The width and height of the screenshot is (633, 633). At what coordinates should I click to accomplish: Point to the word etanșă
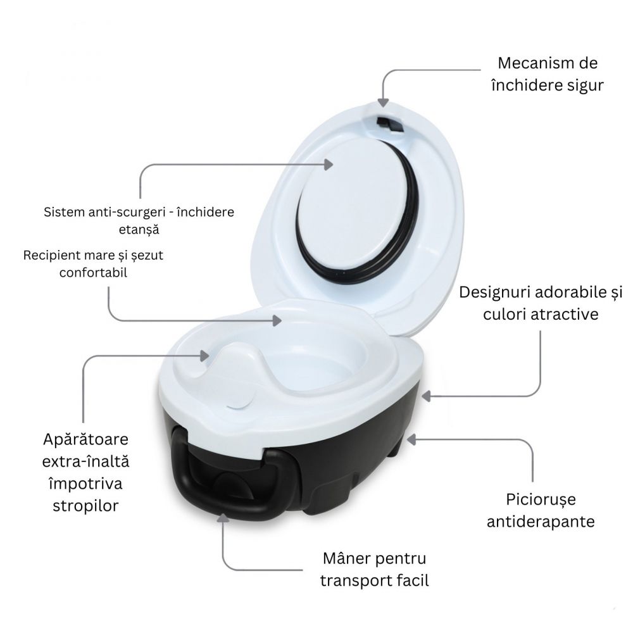coord(139,230)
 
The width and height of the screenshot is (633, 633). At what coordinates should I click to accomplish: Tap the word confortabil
coord(93,273)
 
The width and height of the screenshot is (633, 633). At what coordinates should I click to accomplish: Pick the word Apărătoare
coord(85,440)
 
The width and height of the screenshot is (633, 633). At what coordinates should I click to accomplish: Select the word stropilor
coord(85,506)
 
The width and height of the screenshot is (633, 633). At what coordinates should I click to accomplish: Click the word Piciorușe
coord(541,500)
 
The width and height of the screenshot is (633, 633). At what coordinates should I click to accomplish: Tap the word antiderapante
coord(541,522)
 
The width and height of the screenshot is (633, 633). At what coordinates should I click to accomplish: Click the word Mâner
coord(346,559)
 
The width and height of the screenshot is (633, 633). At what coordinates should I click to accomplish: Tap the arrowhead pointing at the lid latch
coord(383,103)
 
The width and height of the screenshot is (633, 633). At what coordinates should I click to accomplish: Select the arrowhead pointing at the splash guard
coord(204,356)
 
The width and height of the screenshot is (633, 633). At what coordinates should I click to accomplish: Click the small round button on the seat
coord(239,403)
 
